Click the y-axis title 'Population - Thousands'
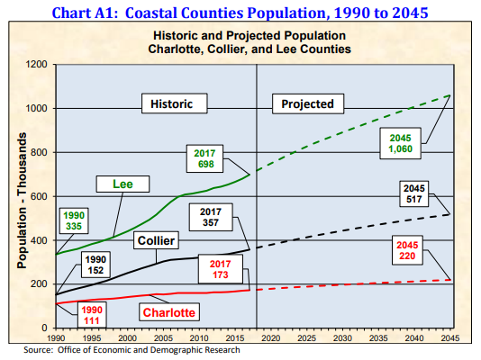[20, 195]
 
